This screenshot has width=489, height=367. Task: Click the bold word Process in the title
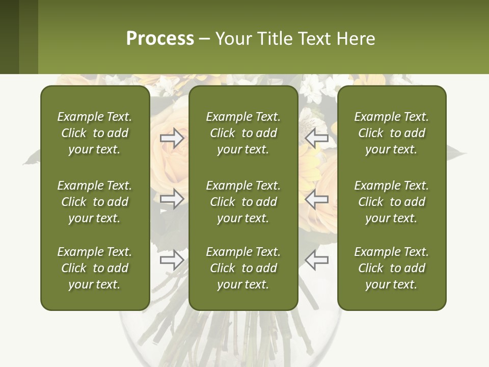tap(160, 39)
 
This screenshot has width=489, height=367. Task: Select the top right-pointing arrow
tap(172, 138)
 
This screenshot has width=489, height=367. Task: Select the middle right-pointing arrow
tap(172, 199)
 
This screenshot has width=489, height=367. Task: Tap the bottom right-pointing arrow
tap(172, 260)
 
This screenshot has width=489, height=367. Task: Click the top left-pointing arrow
tap(316, 138)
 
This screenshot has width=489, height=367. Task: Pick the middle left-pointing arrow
tap(316, 199)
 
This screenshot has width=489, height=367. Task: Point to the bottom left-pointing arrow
tap(316, 260)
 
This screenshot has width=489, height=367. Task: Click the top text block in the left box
tap(95, 133)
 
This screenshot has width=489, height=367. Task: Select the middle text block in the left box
tap(95, 202)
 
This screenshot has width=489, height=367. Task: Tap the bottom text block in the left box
tap(95, 268)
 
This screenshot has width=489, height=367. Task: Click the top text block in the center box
tap(243, 133)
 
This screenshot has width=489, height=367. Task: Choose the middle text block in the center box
tap(243, 202)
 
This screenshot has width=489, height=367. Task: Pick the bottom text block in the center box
tap(243, 268)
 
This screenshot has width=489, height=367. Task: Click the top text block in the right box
tap(391, 133)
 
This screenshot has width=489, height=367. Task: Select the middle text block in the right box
tap(391, 202)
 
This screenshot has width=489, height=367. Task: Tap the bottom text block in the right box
tap(391, 268)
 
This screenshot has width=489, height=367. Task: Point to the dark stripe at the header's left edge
tap(9, 37)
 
